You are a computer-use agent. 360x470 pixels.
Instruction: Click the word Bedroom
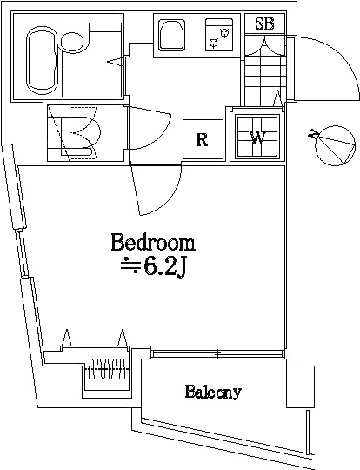tap(153, 243)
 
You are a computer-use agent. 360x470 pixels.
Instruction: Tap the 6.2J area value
tap(165, 267)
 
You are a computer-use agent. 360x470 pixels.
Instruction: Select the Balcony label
tap(213, 392)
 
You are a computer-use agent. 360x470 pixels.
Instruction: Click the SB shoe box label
tap(264, 23)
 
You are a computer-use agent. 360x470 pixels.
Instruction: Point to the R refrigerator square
tap(203, 139)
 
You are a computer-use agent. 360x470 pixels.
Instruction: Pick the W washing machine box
tap(257, 137)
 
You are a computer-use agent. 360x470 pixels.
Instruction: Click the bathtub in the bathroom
tap(42, 60)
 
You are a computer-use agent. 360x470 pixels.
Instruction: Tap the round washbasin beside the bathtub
tap(72, 40)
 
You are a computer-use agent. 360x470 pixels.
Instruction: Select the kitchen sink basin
tap(171, 35)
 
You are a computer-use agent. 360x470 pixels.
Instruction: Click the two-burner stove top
tap(219, 35)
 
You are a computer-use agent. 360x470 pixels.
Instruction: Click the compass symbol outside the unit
tap(332, 145)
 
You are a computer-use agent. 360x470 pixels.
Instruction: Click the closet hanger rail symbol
tap(107, 369)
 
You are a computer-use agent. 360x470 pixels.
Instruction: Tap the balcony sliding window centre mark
tap(218, 354)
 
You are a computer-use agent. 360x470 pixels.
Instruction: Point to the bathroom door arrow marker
tap(116, 62)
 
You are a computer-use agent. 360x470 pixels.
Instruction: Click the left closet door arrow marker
tap(66, 337)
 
